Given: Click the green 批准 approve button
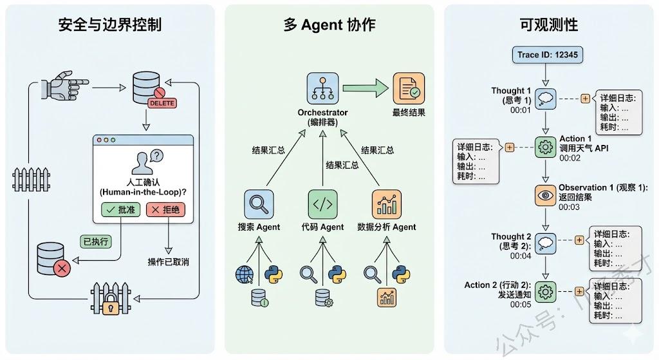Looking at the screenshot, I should [120, 210].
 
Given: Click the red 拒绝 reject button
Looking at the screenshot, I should [165, 210].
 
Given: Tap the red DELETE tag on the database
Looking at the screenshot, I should [162, 102].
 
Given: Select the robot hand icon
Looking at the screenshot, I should [59, 85].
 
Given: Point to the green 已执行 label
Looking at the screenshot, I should [95, 242].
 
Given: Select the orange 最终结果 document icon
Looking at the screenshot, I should [409, 89].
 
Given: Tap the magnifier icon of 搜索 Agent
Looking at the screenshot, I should [259, 205].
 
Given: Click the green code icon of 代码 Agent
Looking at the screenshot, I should [322, 205].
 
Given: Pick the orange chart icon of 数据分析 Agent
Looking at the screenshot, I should [386, 205].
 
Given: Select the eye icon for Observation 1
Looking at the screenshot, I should [544, 194].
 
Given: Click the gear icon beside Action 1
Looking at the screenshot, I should [544, 147].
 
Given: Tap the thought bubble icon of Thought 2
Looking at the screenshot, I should [544, 243].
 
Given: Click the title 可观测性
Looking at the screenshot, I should [548, 24].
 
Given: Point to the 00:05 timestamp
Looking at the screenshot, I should [521, 305].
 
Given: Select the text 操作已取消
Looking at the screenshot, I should [168, 261].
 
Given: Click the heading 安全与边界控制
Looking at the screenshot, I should [110, 24].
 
